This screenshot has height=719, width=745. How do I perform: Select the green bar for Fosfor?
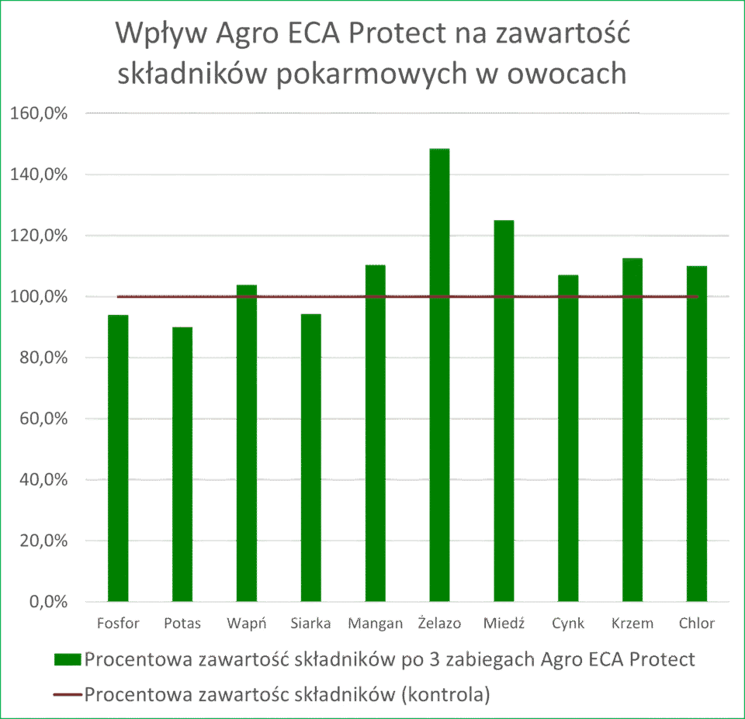click(118, 458)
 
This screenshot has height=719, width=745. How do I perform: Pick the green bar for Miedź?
click(504, 410)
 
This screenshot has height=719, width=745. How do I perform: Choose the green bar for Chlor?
click(696, 434)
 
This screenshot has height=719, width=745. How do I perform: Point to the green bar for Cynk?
click(568, 437)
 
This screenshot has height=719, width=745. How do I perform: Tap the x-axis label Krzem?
click(632, 623)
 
